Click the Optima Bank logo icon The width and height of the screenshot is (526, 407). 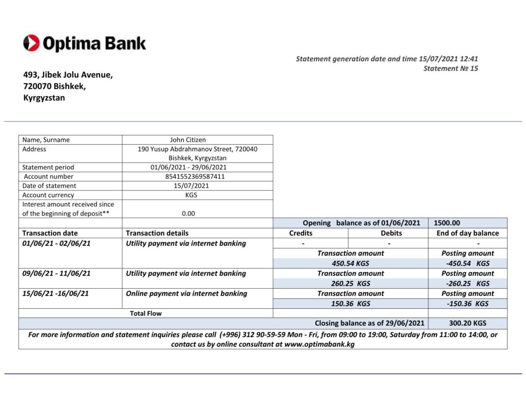pyautogui.click(x=31, y=43)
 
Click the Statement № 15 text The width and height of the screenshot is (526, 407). pyautogui.click(x=450, y=68)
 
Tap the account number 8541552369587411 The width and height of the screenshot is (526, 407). pyautogui.click(x=198, y=176)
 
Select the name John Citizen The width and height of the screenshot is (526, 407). pyautogui.click(x=198, y=139)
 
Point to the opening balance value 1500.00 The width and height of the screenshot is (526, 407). pyautogui.click(x=447, y=223)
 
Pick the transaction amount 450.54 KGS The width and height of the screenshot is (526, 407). pyautogui.click(x=350, y=263)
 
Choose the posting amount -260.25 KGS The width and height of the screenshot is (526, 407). pyautogui.click(x=467, y=284)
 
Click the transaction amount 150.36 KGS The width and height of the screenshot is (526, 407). pyautogui.click(x=350, y=304)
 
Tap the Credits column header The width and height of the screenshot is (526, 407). pyautogui.click(x=300, y=233)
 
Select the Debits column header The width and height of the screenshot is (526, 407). pyautogui.click(x=391, y=233)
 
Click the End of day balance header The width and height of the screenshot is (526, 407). pyautogui.click(x=467, y=233)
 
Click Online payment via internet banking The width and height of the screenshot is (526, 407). pyautogui.click(x=186, y=293)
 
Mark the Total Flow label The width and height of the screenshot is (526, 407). pyautogui.click(x=146, y=313)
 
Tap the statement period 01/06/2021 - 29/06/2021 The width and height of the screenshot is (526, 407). pyautogui.click(x=189, y=167)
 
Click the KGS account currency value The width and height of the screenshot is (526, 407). pyautogui.click(x=191, y=195)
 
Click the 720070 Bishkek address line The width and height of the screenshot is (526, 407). pyautogui.click(x=54, y=86)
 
